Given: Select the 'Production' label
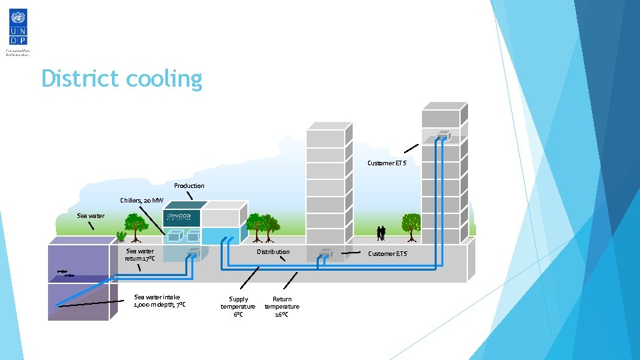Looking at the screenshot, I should point(189,185).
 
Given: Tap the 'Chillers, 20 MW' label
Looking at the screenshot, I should point(141,200).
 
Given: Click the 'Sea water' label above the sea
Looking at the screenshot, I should point(91,215).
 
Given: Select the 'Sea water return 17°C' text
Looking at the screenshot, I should point(140,255).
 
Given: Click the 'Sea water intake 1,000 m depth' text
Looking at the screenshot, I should point(159,301).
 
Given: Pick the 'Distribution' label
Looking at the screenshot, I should point(273,251).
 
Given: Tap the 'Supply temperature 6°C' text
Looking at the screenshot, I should point(238,307).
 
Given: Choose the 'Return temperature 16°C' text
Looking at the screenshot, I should point(282,307).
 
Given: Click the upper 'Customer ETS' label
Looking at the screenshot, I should point(387,163).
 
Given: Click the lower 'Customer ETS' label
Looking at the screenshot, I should point(387,253).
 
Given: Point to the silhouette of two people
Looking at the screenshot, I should point(381,233).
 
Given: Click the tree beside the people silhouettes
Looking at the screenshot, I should point(411,225).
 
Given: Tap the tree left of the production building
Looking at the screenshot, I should point(136,225).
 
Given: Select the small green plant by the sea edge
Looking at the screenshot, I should point(121,235).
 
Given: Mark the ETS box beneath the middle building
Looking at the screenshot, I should point(326,253).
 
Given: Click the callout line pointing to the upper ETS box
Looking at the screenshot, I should point(411,149).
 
